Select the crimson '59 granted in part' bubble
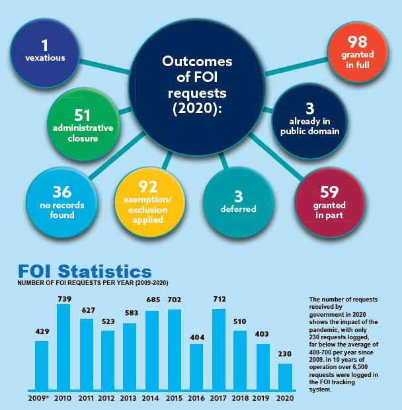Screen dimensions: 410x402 (x=329, y=200)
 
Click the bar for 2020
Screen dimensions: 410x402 (x=285, y=376)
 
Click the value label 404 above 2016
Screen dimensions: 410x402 (x=196, y=337)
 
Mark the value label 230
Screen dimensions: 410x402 (x=285, y=355)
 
